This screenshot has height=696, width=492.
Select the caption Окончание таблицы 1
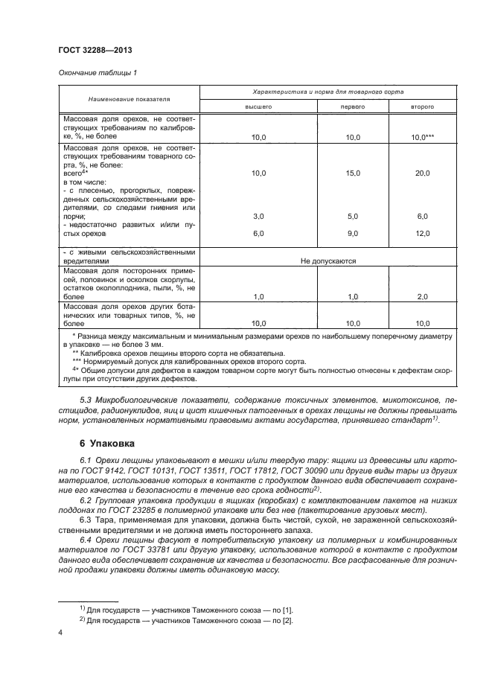coord(97,72)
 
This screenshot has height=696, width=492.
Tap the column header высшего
coord(258,106)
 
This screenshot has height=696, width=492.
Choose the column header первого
coord(353,106)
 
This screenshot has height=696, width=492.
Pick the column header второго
coord(422,106)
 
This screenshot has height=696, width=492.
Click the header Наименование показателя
coord(129,98)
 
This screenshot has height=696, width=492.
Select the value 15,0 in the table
coord(353,173)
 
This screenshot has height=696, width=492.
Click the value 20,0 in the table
coord(423,173)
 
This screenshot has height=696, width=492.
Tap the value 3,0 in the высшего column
coord(258,216)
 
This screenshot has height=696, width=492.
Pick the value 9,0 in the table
coord(353,233)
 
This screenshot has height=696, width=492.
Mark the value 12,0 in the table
coord(423,233)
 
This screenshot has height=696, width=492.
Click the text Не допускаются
coord(328,261)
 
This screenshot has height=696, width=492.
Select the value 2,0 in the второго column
coord(423,296)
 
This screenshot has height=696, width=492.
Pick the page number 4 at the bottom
coord(61,633)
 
